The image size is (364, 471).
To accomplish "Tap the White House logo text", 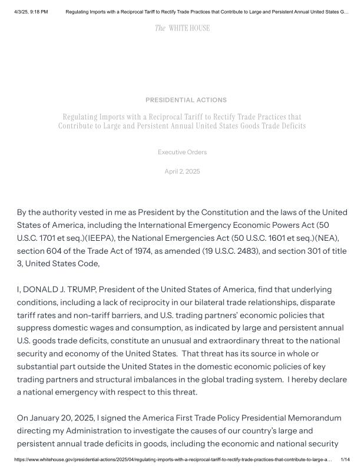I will pyautogui.click(x=182, y=28).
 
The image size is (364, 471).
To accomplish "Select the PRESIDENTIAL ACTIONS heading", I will pyautogui.click(x=186, y=100).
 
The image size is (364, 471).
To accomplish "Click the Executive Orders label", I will pyautogui.click(x=182, y=152).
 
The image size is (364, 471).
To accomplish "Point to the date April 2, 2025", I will pyautogui.click(x=182, y=171).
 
